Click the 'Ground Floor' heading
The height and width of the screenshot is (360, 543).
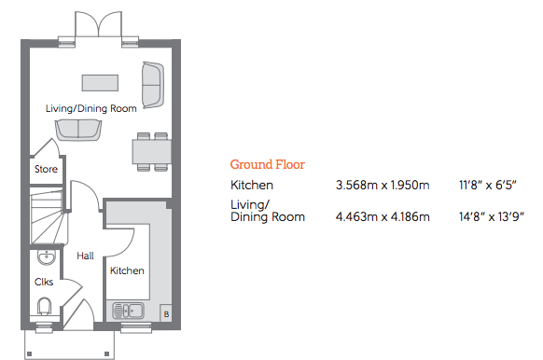268,164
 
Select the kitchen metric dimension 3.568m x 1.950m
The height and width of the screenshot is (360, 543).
383,186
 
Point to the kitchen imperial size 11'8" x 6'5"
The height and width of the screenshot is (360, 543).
488,185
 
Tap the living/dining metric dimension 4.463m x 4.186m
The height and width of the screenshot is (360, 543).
383,217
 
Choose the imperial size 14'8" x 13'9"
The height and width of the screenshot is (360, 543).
492,216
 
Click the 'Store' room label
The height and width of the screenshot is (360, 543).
46,169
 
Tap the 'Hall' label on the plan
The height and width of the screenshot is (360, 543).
85,256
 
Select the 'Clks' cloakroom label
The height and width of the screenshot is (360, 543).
44,282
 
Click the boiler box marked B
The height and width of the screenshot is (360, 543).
166,314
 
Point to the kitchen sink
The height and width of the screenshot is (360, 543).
128,311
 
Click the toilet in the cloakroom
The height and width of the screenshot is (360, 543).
45,306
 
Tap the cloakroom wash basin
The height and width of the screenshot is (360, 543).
47,257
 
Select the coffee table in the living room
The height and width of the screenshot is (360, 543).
100,83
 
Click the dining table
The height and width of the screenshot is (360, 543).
152,152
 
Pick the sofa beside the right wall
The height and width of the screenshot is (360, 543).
153,85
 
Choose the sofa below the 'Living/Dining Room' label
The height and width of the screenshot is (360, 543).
78,131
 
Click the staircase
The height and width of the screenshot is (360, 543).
48,216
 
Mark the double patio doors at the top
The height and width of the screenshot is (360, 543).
99,24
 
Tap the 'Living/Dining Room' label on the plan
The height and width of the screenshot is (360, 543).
91,109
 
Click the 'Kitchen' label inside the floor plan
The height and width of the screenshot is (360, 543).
127,270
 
